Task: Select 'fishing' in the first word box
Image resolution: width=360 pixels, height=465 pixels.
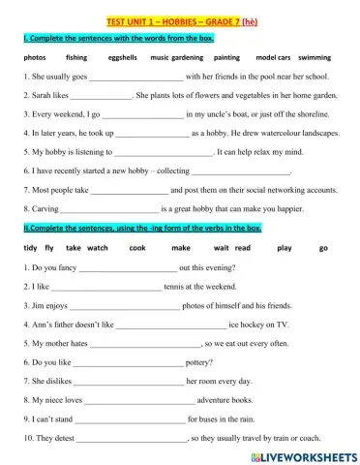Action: (76, 58)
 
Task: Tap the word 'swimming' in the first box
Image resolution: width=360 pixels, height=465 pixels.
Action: (314, 58)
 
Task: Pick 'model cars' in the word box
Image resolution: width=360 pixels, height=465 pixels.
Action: (272, 58)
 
